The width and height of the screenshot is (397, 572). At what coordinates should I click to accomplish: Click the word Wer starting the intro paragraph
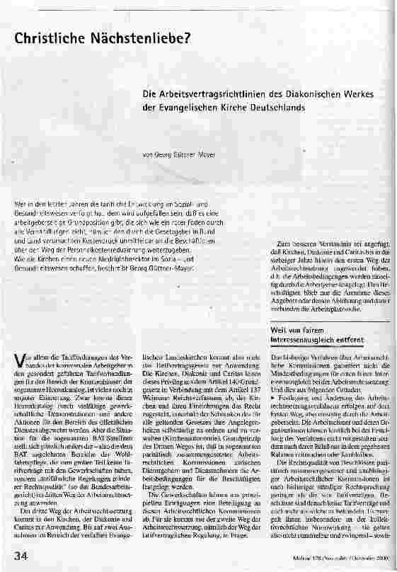click(x=19, y=205)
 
